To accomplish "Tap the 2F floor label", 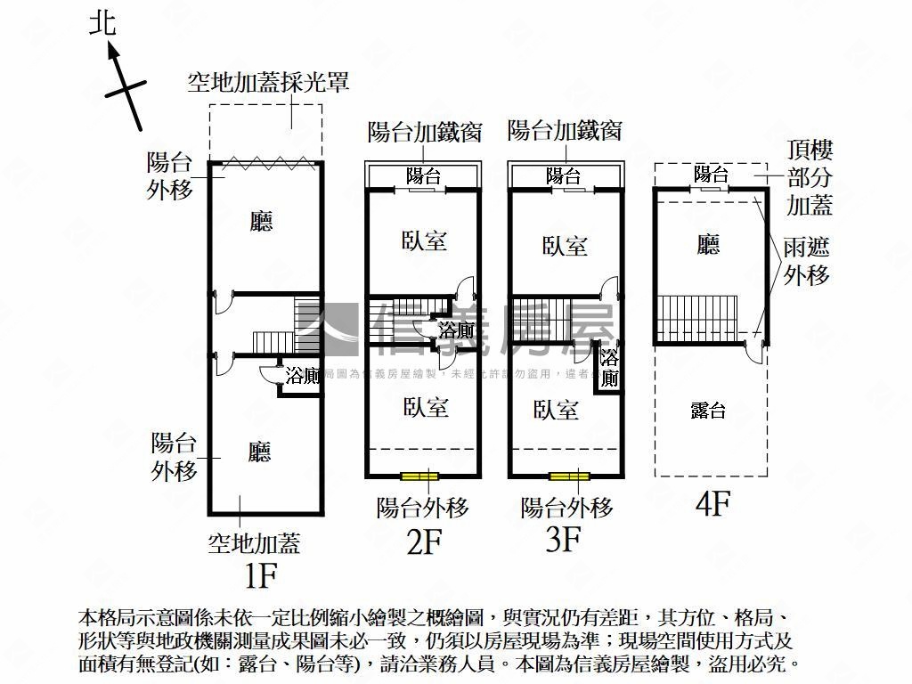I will (x=423, y=541).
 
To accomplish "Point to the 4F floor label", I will (x=712, y=505).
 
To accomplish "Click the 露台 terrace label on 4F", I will (x=709, y=411).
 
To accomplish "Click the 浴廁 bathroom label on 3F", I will (x=609, y=368).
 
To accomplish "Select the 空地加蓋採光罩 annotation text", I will (x=267, y=83).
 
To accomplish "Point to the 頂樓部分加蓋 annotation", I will (x=810, y=178).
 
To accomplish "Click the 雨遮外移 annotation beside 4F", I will (x=807, y=261).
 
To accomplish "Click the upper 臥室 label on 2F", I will (x=424, y=241).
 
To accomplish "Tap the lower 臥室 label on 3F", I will (x=557, y=410).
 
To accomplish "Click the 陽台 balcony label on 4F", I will (x=712, y=175).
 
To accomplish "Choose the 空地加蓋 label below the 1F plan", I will (x=254, y=542).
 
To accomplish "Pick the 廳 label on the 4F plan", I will (x=709, y=244).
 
